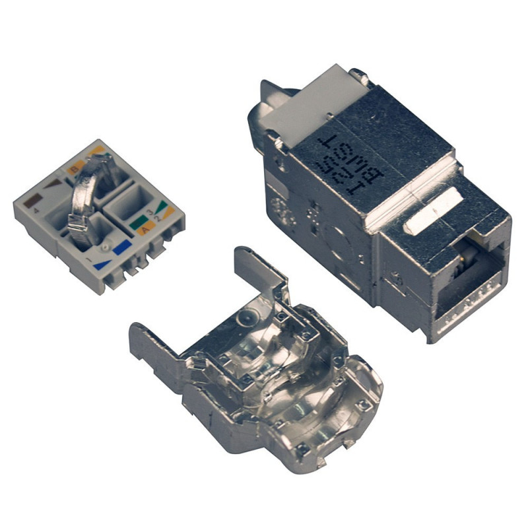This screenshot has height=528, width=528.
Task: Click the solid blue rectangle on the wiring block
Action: (x=123, y=249)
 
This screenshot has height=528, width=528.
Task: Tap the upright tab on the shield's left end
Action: (x=145, y=343)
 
